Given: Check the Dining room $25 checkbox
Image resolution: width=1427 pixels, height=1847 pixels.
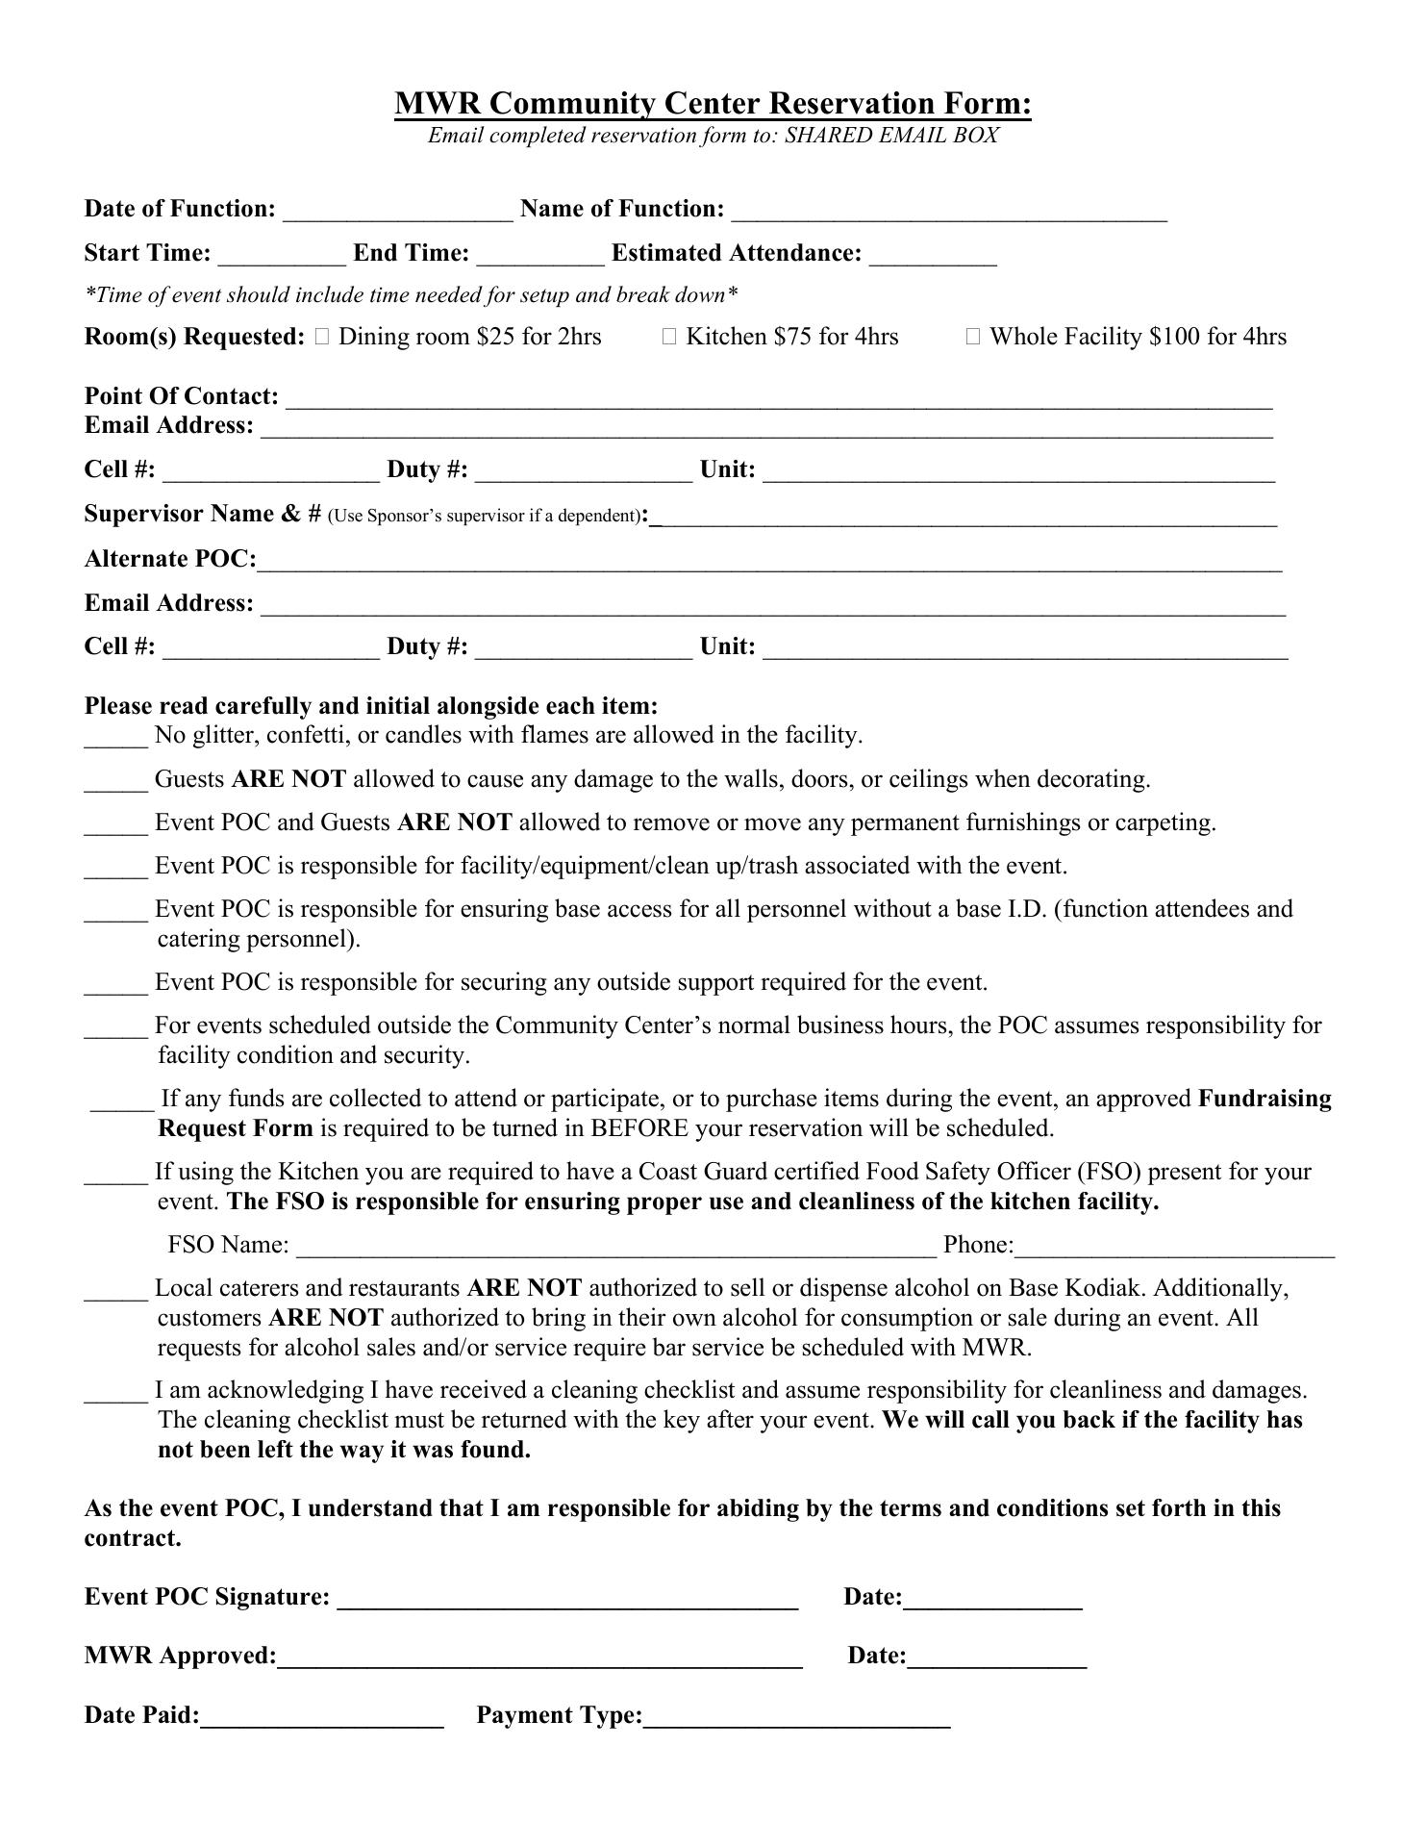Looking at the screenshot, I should click(321, 337).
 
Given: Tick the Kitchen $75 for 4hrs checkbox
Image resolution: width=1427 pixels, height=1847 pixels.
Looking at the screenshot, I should click(669, 337).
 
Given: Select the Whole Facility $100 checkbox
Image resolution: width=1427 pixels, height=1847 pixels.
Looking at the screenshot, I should click(973, 337).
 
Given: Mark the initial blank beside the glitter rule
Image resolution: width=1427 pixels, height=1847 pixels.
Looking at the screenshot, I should click(115, 740).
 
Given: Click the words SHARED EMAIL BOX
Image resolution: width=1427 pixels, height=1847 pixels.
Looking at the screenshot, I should click(891, 136).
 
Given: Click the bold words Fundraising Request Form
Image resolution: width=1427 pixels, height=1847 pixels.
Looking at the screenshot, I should click(1264, 1099).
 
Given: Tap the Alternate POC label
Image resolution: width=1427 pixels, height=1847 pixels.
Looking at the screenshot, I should click(170, 559).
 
